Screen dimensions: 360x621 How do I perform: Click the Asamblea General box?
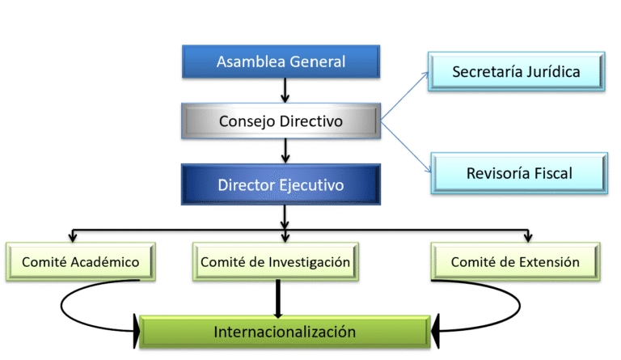coord(281,61)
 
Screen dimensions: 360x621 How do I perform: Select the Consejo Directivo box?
coord(281,121)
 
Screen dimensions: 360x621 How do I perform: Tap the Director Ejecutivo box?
coord(281,185)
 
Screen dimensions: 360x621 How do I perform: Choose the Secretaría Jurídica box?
coord(516,71)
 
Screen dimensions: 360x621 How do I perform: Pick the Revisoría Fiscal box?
coord(518,173)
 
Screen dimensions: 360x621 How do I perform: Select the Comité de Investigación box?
coord(275,262)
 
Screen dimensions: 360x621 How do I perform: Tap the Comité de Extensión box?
coord(515,262)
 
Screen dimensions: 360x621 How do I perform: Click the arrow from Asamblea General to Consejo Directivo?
coord(285,90)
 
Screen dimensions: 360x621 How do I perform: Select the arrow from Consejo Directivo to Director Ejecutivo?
coord(285,150)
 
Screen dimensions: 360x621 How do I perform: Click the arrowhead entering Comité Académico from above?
coord(72,238)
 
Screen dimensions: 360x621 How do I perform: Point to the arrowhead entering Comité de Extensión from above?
coord(529,238)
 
